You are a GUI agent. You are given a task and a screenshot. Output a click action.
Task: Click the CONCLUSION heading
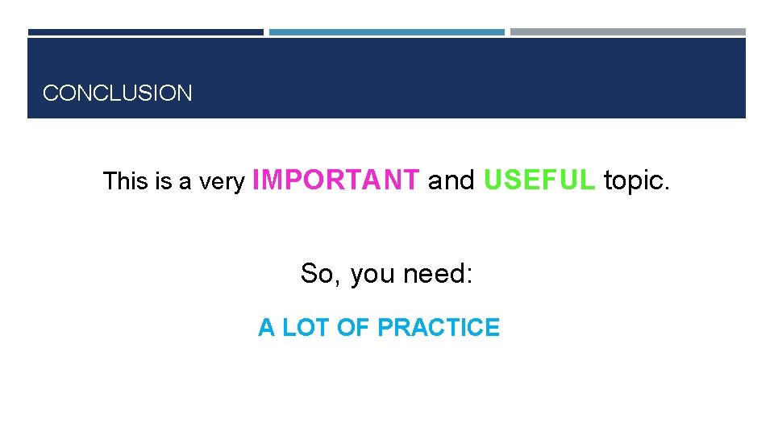point(118,93)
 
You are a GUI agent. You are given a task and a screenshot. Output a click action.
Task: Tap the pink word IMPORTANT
point(336,180)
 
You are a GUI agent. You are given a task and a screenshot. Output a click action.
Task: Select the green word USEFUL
point(539,180)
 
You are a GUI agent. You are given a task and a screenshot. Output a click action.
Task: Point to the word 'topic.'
point(636,181)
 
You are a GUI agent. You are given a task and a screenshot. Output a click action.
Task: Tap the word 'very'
point(222,183)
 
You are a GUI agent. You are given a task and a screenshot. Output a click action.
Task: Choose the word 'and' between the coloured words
point(451,181)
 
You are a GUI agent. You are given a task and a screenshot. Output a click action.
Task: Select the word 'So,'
point(320,274)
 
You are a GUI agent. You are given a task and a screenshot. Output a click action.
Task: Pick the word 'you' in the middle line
point(372,275)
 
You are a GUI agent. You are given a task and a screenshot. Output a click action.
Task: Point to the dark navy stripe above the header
point(145,32)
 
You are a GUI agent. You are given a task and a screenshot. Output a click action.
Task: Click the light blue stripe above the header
point(387,32)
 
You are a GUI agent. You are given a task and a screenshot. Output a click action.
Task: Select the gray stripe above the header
point(628,32)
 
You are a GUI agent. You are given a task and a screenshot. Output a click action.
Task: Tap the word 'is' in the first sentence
point(164,182)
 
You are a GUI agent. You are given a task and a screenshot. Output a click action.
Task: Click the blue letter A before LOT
point(266,328)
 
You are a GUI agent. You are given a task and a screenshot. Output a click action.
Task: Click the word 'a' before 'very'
point(185,184)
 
